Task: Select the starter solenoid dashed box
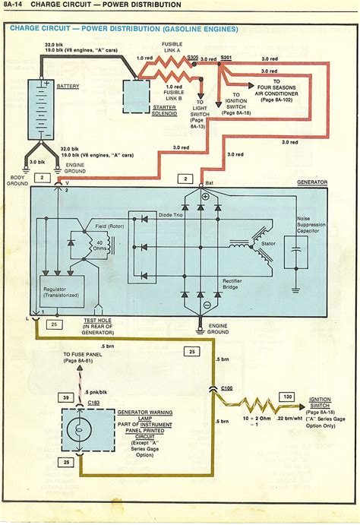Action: (x=137, y=96)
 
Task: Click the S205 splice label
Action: (x=194, y=57)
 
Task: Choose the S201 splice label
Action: (x=226, y=57)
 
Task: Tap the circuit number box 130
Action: (x=287, y=396)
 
